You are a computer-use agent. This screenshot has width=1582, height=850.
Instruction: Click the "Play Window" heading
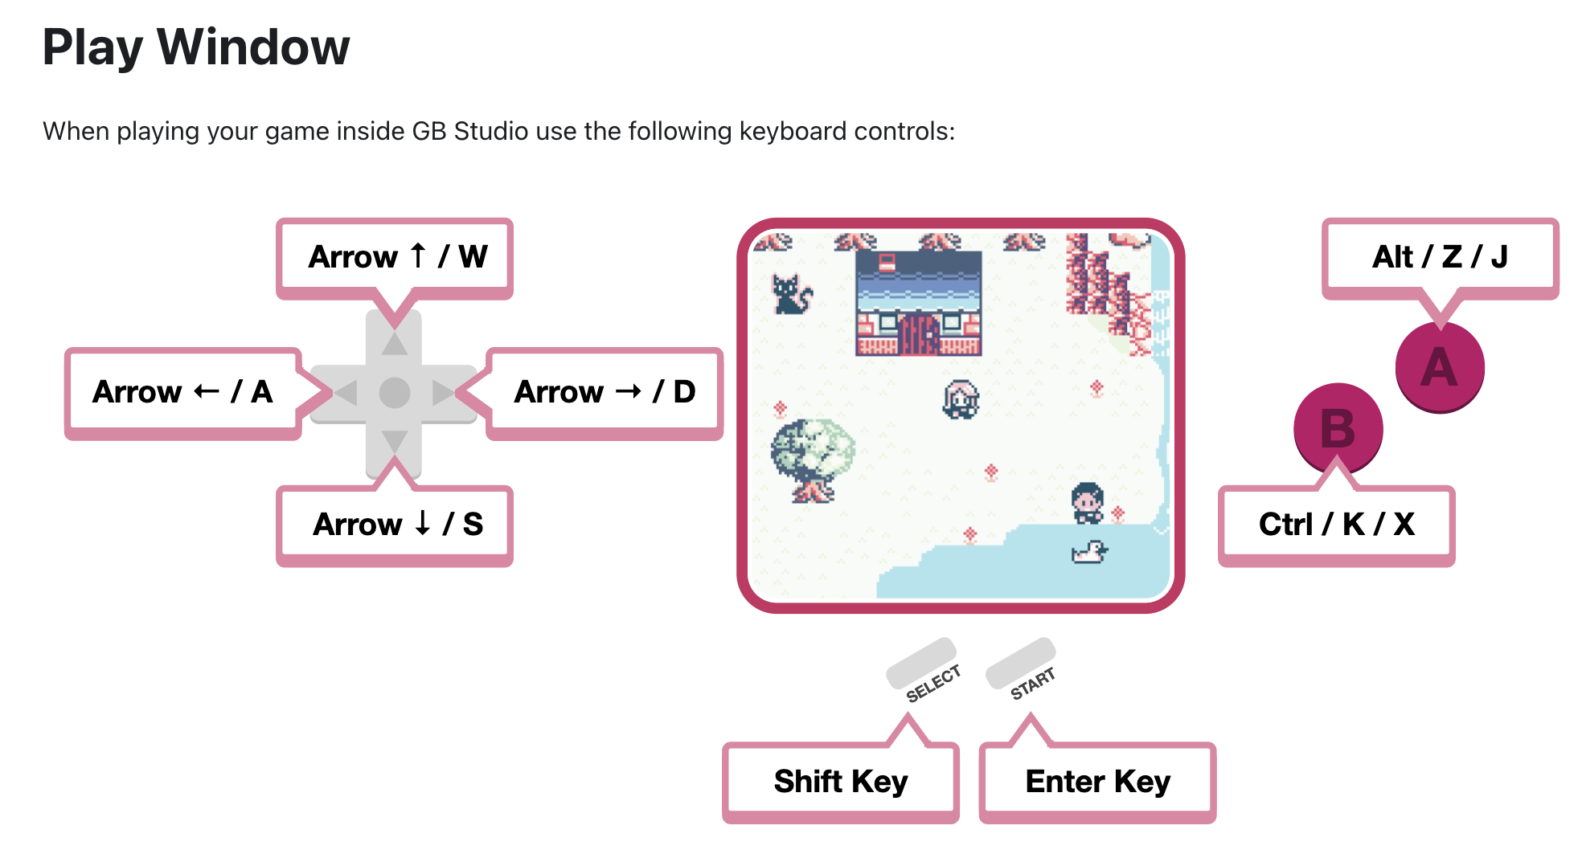click(196, 47)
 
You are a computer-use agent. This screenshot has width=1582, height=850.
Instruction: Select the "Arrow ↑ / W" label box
click(395, 258)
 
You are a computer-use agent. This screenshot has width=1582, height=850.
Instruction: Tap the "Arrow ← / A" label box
click(183, 393)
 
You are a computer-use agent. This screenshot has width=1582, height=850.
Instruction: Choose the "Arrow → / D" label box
click(605, 393)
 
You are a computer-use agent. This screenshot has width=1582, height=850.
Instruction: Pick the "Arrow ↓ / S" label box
click(395, 525)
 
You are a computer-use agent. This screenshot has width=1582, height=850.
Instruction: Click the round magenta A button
click(1440, 368)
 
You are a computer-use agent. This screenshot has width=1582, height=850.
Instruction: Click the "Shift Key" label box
click(841, 782)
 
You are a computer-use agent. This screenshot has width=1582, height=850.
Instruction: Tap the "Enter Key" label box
click(1097, 782)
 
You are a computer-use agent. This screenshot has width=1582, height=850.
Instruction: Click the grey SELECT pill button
click(921, 663)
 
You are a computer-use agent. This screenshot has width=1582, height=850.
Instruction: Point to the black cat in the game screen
click(792, 294)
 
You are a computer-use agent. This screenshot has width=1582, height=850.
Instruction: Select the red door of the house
click(919, 334)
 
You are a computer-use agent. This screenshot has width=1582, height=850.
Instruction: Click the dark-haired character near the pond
click(1088, 503)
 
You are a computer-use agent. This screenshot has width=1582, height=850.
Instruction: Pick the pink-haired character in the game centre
click(961, 399)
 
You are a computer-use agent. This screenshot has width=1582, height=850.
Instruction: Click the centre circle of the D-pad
click(395, 393)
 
